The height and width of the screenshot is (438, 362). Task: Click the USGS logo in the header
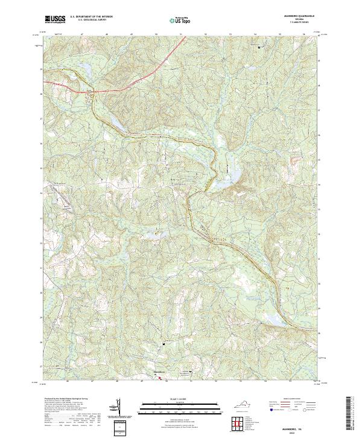tap(55, 19)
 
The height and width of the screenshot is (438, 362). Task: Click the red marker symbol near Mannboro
tap(160, 378)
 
